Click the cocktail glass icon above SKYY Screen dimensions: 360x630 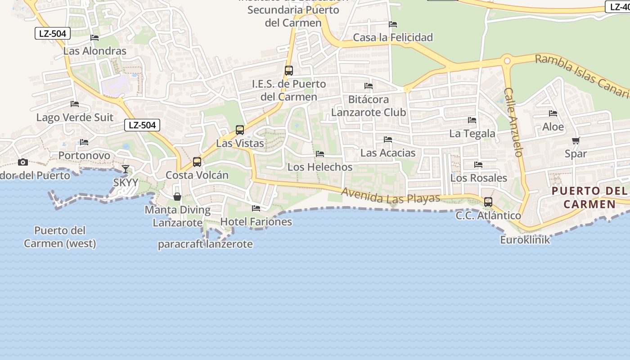[125, 169]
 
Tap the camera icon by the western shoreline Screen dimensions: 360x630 [22, 162]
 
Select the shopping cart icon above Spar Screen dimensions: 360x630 [576, 141]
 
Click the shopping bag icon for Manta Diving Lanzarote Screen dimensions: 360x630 [177, 197]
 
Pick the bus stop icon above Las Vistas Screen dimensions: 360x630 [240, 130]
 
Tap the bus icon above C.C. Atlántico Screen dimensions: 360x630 [488, 202]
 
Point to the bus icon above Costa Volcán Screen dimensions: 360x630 [197, 162]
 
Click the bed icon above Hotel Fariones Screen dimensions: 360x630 [256, 208]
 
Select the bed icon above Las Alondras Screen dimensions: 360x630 [94, 38]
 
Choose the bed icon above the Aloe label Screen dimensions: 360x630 [553, 113]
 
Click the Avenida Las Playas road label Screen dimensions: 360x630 [390, 196]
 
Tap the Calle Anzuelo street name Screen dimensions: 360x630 [513, 122]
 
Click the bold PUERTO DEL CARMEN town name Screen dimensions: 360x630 [589, 198]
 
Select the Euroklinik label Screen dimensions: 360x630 [525, 240]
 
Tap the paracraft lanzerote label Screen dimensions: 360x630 [205, 244]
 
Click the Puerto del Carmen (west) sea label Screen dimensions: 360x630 [60, 237]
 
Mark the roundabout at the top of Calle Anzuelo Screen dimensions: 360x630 [508, 61]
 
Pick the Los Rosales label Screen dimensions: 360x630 [478, 178]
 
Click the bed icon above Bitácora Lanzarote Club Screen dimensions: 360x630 [369, 86]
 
